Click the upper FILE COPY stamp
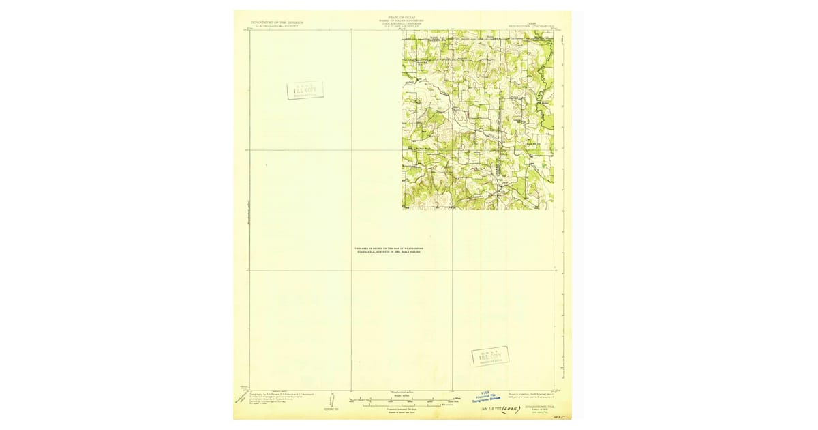pyautogui.click(x=305, y=90)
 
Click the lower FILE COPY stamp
pyautogui.click(x=490, y=356)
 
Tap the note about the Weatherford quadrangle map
pyautogui.click(x=388, y=250)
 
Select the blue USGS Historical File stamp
pyautogui.click(x=487, y=396)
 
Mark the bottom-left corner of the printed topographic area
pyautogui.click(x=403, y=209)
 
